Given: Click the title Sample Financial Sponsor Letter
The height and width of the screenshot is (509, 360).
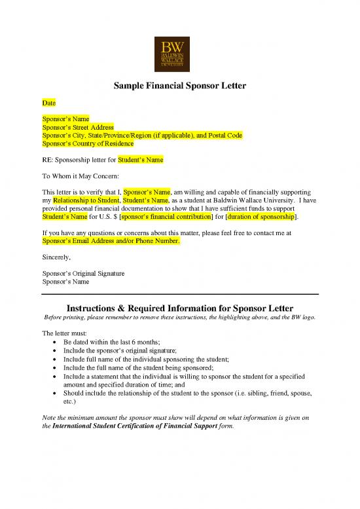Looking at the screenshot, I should [x=180, y=86].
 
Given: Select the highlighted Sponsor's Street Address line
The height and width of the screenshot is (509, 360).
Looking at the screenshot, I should [x=78, y=127].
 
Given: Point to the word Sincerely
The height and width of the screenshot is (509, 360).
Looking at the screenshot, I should [x=57, y=257].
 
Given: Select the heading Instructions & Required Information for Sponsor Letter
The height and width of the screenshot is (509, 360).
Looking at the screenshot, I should [x=180, y=308].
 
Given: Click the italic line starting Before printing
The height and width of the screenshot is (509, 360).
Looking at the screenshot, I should [x=180, y=318].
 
